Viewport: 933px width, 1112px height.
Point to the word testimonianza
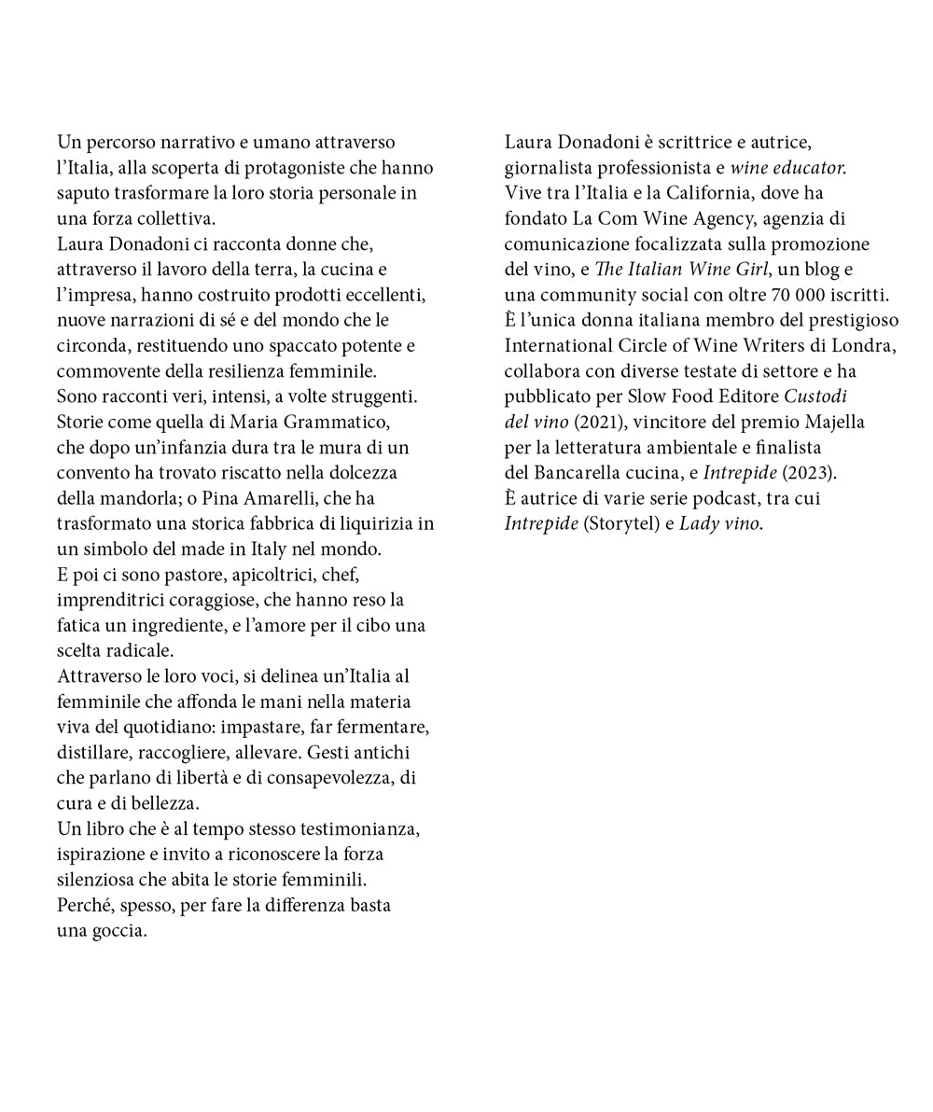coord(361,829)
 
